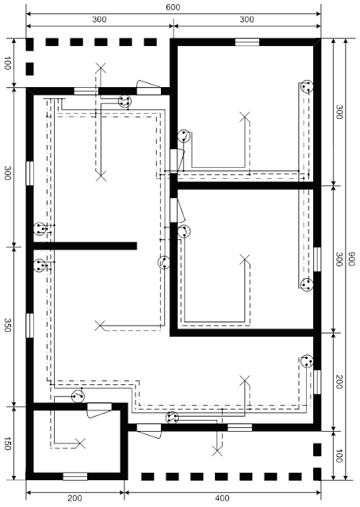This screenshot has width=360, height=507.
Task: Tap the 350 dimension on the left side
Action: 7,326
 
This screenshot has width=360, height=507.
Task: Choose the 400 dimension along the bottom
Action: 221,498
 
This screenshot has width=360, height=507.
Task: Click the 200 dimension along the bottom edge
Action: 75,498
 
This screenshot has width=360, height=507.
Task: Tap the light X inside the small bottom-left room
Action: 79,442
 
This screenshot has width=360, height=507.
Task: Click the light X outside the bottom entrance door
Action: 216,451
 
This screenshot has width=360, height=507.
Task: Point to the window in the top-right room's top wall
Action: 246,41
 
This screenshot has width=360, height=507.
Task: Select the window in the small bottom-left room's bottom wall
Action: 75,475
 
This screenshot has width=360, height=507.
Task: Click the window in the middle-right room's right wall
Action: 316,258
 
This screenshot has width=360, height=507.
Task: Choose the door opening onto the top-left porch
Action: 147,86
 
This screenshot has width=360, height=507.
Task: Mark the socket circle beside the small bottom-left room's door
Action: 78,396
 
